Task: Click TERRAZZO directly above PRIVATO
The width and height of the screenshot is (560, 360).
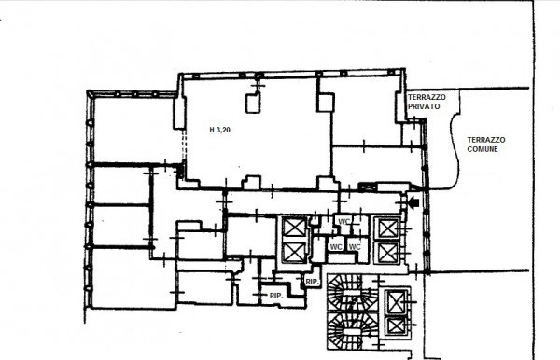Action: point(427,98)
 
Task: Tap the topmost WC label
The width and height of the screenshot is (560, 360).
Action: point(343,222)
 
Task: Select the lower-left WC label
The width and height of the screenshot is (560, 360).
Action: point(335,246)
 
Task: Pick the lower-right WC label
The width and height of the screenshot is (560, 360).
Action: point(355,246)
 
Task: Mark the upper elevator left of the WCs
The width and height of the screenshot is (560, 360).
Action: point(292,228)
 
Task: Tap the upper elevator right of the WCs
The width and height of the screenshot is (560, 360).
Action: point(385,228)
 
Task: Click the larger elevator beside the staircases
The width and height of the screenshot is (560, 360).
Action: point(396,301)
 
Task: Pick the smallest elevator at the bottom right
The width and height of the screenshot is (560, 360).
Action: point(396,325)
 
